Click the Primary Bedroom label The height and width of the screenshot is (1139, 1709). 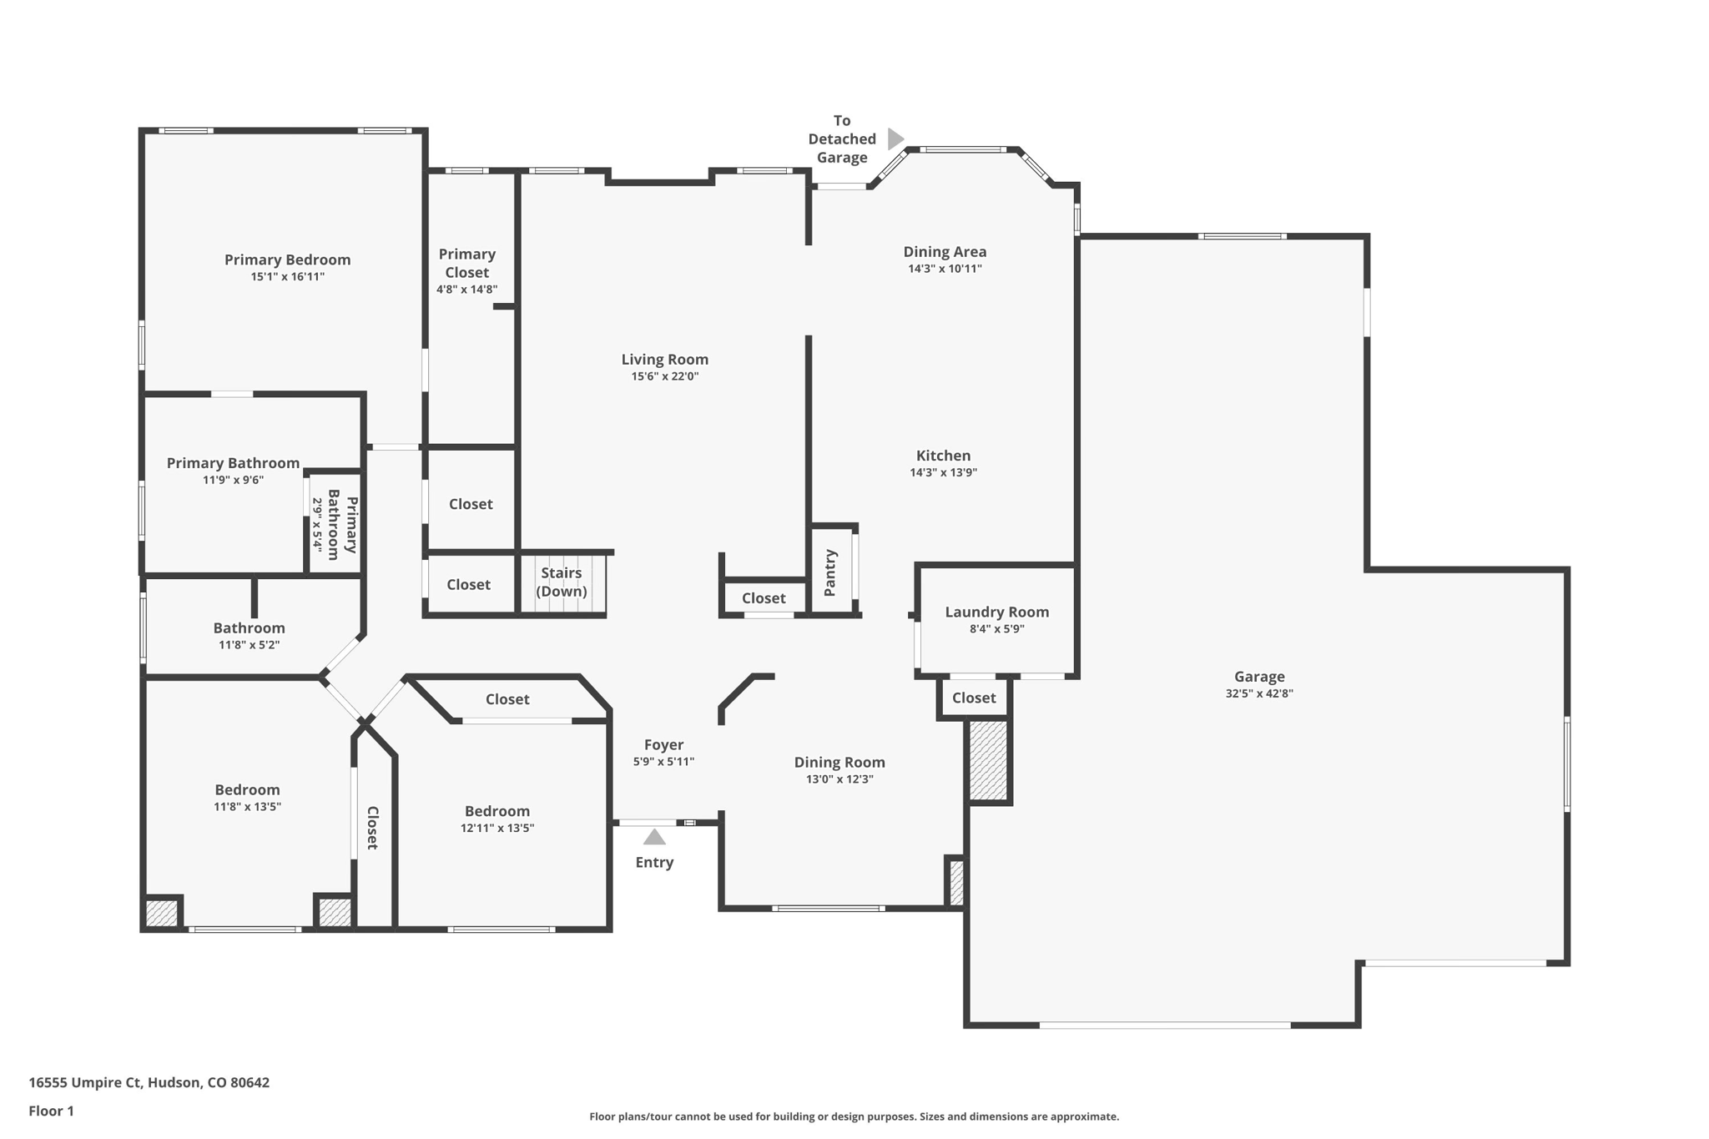(x=287, y=260)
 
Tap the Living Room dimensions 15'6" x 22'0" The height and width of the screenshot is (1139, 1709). (x=664, y=376)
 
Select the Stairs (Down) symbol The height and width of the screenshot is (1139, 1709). (x=562, y=583)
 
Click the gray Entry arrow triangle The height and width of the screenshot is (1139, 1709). (x=654, y=837)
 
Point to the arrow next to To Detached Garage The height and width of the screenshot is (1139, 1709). (x=895, y=139)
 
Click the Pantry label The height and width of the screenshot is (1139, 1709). (x=830, y=572)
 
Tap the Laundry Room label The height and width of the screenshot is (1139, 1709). (x=996, y=612)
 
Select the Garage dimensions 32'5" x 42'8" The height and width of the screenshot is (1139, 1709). (x=1258, y=693)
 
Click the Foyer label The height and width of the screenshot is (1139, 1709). (x=663, y=744)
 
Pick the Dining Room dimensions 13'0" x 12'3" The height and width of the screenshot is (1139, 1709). (x=839, y=779)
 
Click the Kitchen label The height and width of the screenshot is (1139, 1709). (x=943, y=456)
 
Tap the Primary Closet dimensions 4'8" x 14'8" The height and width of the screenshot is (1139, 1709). (x=466, y=290)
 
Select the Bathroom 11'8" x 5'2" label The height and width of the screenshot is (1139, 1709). (x=249, y=628)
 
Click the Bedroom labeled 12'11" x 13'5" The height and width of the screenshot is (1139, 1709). (x=497, y=811)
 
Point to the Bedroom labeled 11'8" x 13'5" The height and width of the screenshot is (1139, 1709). (x=247, y=789)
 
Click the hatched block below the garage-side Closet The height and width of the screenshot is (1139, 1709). (x=988, y=761)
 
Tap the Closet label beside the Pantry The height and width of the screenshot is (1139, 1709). (x=763, y=598)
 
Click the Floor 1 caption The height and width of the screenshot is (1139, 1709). (x=51, y=1111)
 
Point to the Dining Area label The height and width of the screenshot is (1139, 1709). (x=945, y=251)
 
